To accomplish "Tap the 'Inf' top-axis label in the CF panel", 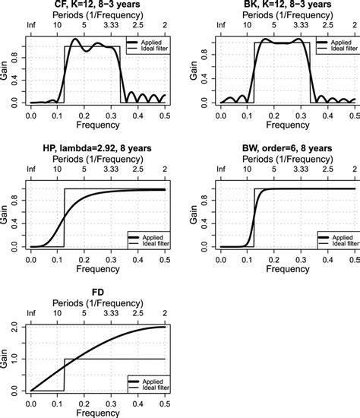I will tap(30, 25).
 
